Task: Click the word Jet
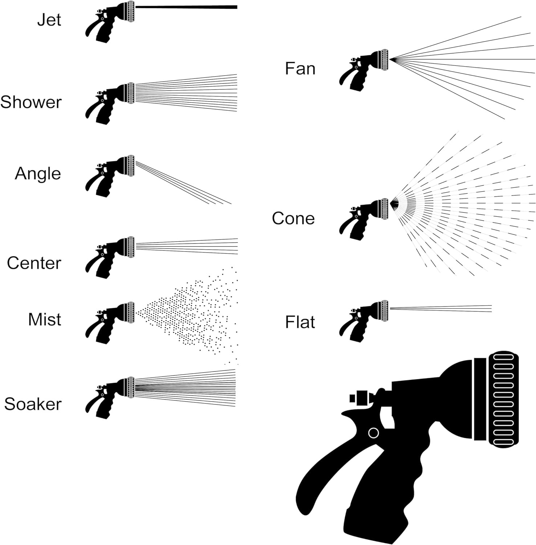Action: [x=49, y=20]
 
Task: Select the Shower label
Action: [x=31, y=102]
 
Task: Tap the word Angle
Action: [x=38, y=174]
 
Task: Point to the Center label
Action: [x=34, y=263]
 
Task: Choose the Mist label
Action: [x=44, y=319]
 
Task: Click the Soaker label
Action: [x=33, y=404]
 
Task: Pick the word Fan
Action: [x=300, y=69]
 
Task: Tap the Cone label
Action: [x=293, y=218]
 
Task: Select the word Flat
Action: [x=300, y=322]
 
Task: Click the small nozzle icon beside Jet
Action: [x=109, y=21]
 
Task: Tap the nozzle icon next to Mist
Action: [x=109, y=322]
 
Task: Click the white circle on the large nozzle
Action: [x=373, y=433]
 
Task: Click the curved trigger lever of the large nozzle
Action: [x=327, y=469]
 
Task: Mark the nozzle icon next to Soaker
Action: [x=109, y=397]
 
